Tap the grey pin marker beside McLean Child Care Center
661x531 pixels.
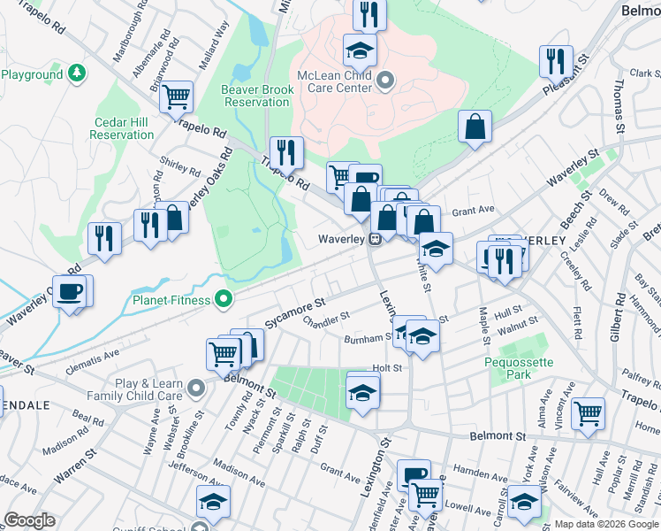click(384, 82)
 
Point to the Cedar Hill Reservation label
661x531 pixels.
click(122, 129)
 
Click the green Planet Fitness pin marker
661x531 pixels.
click(224, 300)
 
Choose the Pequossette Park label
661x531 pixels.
click(517, 368)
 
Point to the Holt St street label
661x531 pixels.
click(387, 368)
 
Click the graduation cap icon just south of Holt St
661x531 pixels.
click(362, 390)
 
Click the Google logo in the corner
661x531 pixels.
click(29, 520)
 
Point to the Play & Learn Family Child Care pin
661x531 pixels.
click(195, 388)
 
